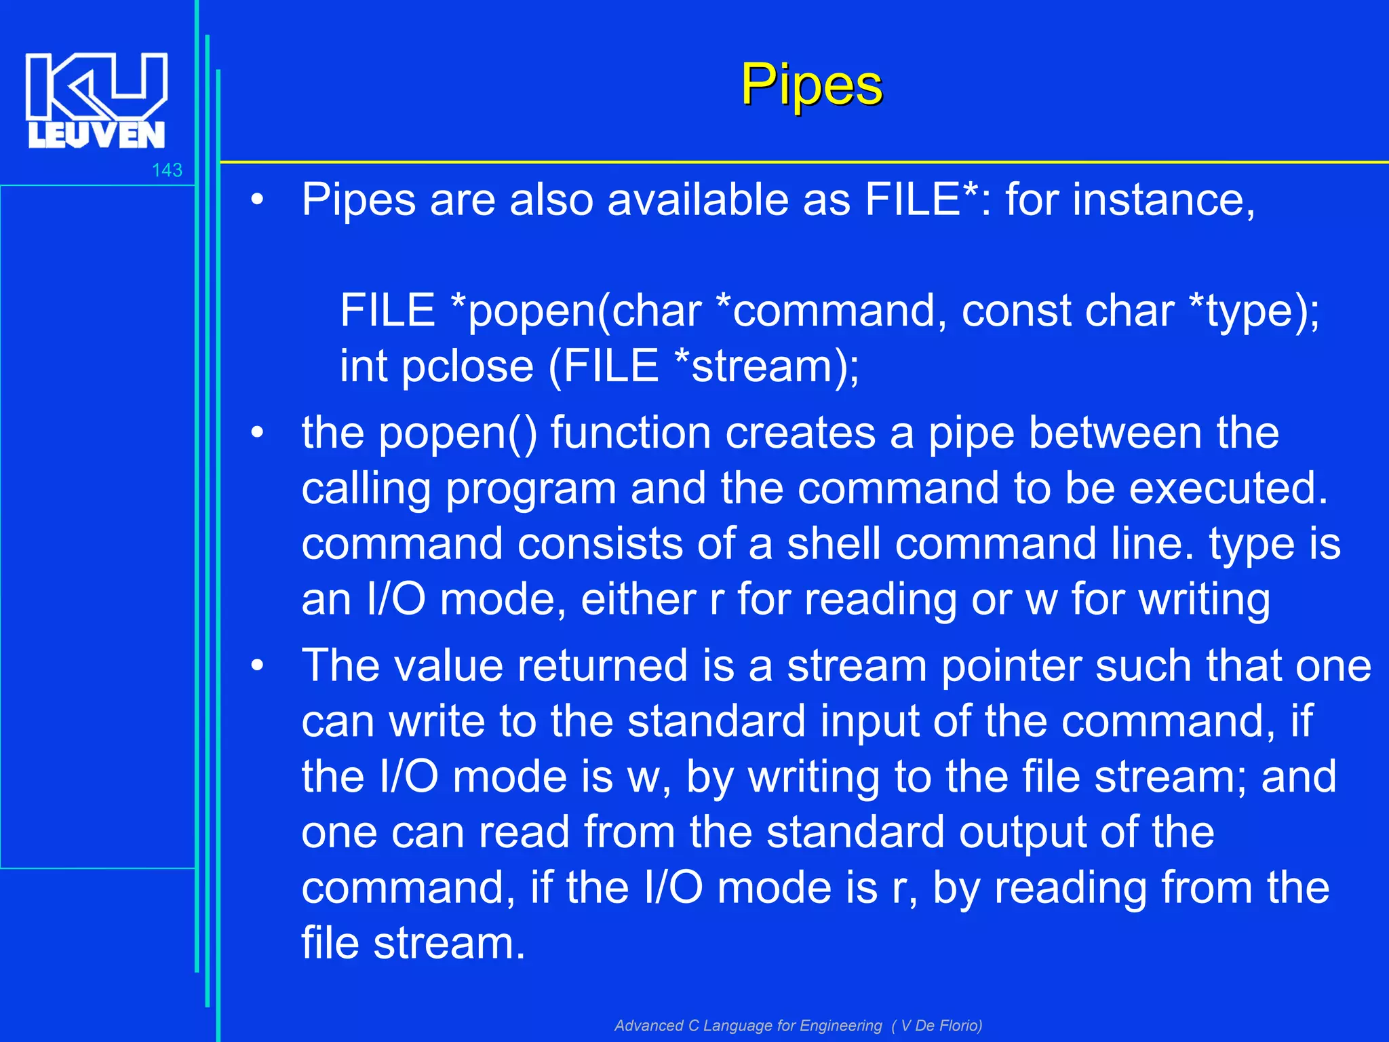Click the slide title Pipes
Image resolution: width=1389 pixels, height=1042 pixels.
(811, 85)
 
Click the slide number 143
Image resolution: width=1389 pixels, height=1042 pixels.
(167, 170)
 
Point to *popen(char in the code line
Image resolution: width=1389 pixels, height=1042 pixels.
(576, 311)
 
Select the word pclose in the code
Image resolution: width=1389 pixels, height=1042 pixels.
(467, 367)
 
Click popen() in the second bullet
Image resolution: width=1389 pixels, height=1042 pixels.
(458, 433)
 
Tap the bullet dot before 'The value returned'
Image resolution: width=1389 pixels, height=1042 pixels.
(256, 666)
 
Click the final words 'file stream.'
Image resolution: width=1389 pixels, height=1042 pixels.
(413, 944)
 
